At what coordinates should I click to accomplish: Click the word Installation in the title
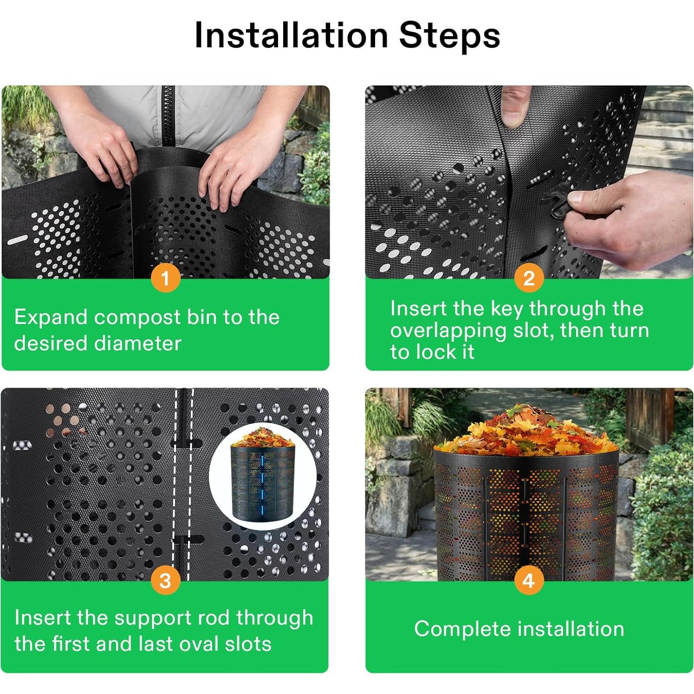[x=291, y=35]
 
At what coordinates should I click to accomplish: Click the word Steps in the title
[x=449, y=35]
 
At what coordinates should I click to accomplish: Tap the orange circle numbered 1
[x=165, y=279]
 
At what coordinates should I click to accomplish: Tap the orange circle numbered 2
[x=529, y=279]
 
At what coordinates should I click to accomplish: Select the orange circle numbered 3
[x=165, y=581]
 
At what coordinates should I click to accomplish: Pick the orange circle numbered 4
[x=529, y=581]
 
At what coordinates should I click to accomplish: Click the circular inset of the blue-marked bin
[x=263, y=476]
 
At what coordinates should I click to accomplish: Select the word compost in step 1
[x=137, y=318]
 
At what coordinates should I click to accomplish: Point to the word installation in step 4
[x=571, y=629]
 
